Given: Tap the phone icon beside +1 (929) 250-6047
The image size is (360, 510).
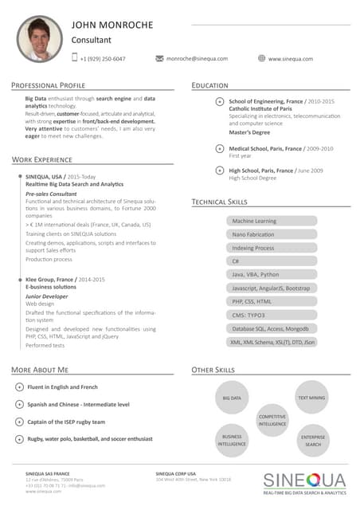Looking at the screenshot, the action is pyautogui.click(x=75, y=57).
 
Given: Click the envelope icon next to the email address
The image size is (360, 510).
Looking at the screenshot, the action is pyautogui.click(x=159, y=58).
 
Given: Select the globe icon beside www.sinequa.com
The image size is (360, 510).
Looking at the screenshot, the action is pyautogui.click(x=261, y=58).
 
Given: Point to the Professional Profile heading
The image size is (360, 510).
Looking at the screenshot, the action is pyautogui.click(x=49, y=84).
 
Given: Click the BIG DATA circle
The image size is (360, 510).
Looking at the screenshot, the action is pyautogui.click(x=232, y=397).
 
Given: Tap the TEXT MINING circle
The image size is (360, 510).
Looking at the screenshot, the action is pyautogui.click(x=311, y=397).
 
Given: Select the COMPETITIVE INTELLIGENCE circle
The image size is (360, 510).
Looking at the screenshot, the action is pyautogui.click(x=272, y=419).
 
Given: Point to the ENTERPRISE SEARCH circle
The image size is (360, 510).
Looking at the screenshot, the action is pyautogui.click(x=312, y=440).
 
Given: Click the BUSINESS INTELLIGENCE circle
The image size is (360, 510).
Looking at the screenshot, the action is pyautogui.click(x=232, y=440).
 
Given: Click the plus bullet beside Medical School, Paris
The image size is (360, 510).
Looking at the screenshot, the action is pyautogui.click(x=220, y=148).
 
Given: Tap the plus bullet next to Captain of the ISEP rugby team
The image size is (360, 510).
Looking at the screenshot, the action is pyautogui.click(x=19, y=422).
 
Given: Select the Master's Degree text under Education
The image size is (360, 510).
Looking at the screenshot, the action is pyautogui.click(x=249, y=132).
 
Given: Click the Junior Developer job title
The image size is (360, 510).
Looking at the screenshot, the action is pyautogui.click(x=47, y=296).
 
